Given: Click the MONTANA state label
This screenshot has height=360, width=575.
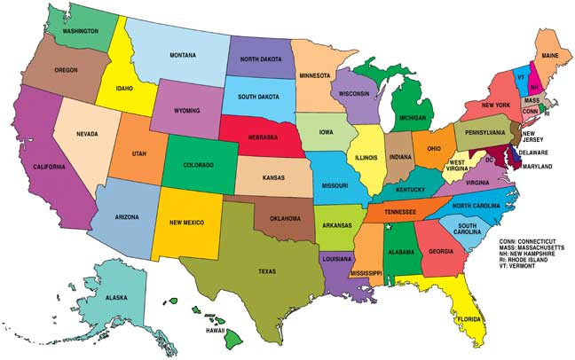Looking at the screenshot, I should tap(183, 56).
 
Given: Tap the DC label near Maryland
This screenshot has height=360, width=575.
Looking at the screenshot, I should tap(488, 160).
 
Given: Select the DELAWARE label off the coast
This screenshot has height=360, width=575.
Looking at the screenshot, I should tap(540, 152).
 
